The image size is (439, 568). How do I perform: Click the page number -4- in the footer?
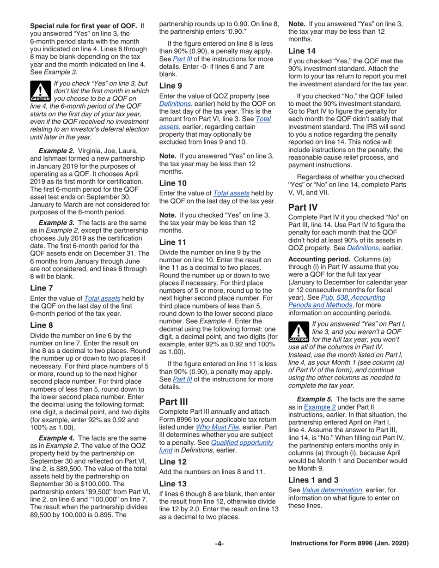coord(219,543)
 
